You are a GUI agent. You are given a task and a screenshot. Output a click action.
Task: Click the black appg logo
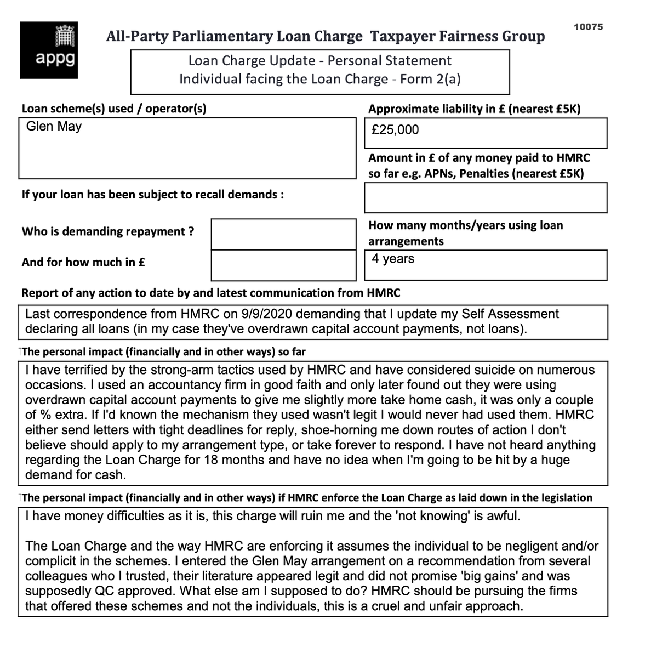pyautogui.click(x=49, y=50)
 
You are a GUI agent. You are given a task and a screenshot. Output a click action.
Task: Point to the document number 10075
pyautogui.click(x=588, y=27)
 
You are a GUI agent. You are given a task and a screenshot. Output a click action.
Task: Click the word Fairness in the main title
pyautogui.click(x=470, y=37)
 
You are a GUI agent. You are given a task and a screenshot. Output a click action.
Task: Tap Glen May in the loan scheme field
pyautogui.click(x=54, y=127)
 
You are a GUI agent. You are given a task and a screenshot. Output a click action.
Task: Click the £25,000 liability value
pyautogui.click(x=395, y=130)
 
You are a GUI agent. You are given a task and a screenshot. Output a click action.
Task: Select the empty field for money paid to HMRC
pyautogui.click(x=485, y=197)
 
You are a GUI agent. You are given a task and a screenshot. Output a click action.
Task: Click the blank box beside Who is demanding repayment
pyautogui.click(x=283, y=234)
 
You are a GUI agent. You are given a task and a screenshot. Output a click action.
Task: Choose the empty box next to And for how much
pyautogui.click(x=283, y=265)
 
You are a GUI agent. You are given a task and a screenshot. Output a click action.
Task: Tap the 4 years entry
pyautogui.click(x=392, y=259)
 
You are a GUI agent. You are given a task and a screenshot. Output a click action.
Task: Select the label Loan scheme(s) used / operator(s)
pyautogui.click(x=114, y=109)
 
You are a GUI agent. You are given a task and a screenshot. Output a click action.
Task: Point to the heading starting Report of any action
pyautogui.click(x=211, y=293)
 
